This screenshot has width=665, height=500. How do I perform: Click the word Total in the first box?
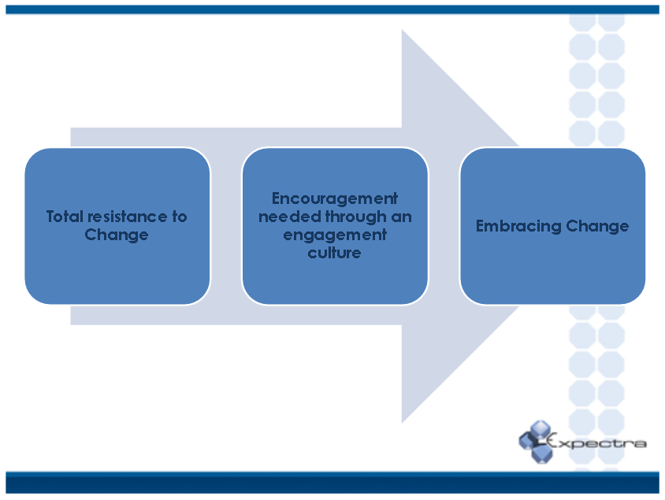64,217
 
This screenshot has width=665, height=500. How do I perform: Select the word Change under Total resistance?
117,235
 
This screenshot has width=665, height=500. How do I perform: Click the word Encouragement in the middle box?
335,198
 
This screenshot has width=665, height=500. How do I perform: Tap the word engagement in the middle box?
335,235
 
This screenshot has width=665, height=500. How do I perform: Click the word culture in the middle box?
335,253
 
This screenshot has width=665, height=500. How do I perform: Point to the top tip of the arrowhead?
403,31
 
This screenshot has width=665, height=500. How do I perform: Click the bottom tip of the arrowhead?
403,421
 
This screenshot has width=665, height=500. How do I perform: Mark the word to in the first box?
180,217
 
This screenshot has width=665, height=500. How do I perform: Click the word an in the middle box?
401,217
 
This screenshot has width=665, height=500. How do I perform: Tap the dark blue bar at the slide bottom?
332,482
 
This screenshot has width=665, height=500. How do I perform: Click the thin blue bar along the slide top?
332,9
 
